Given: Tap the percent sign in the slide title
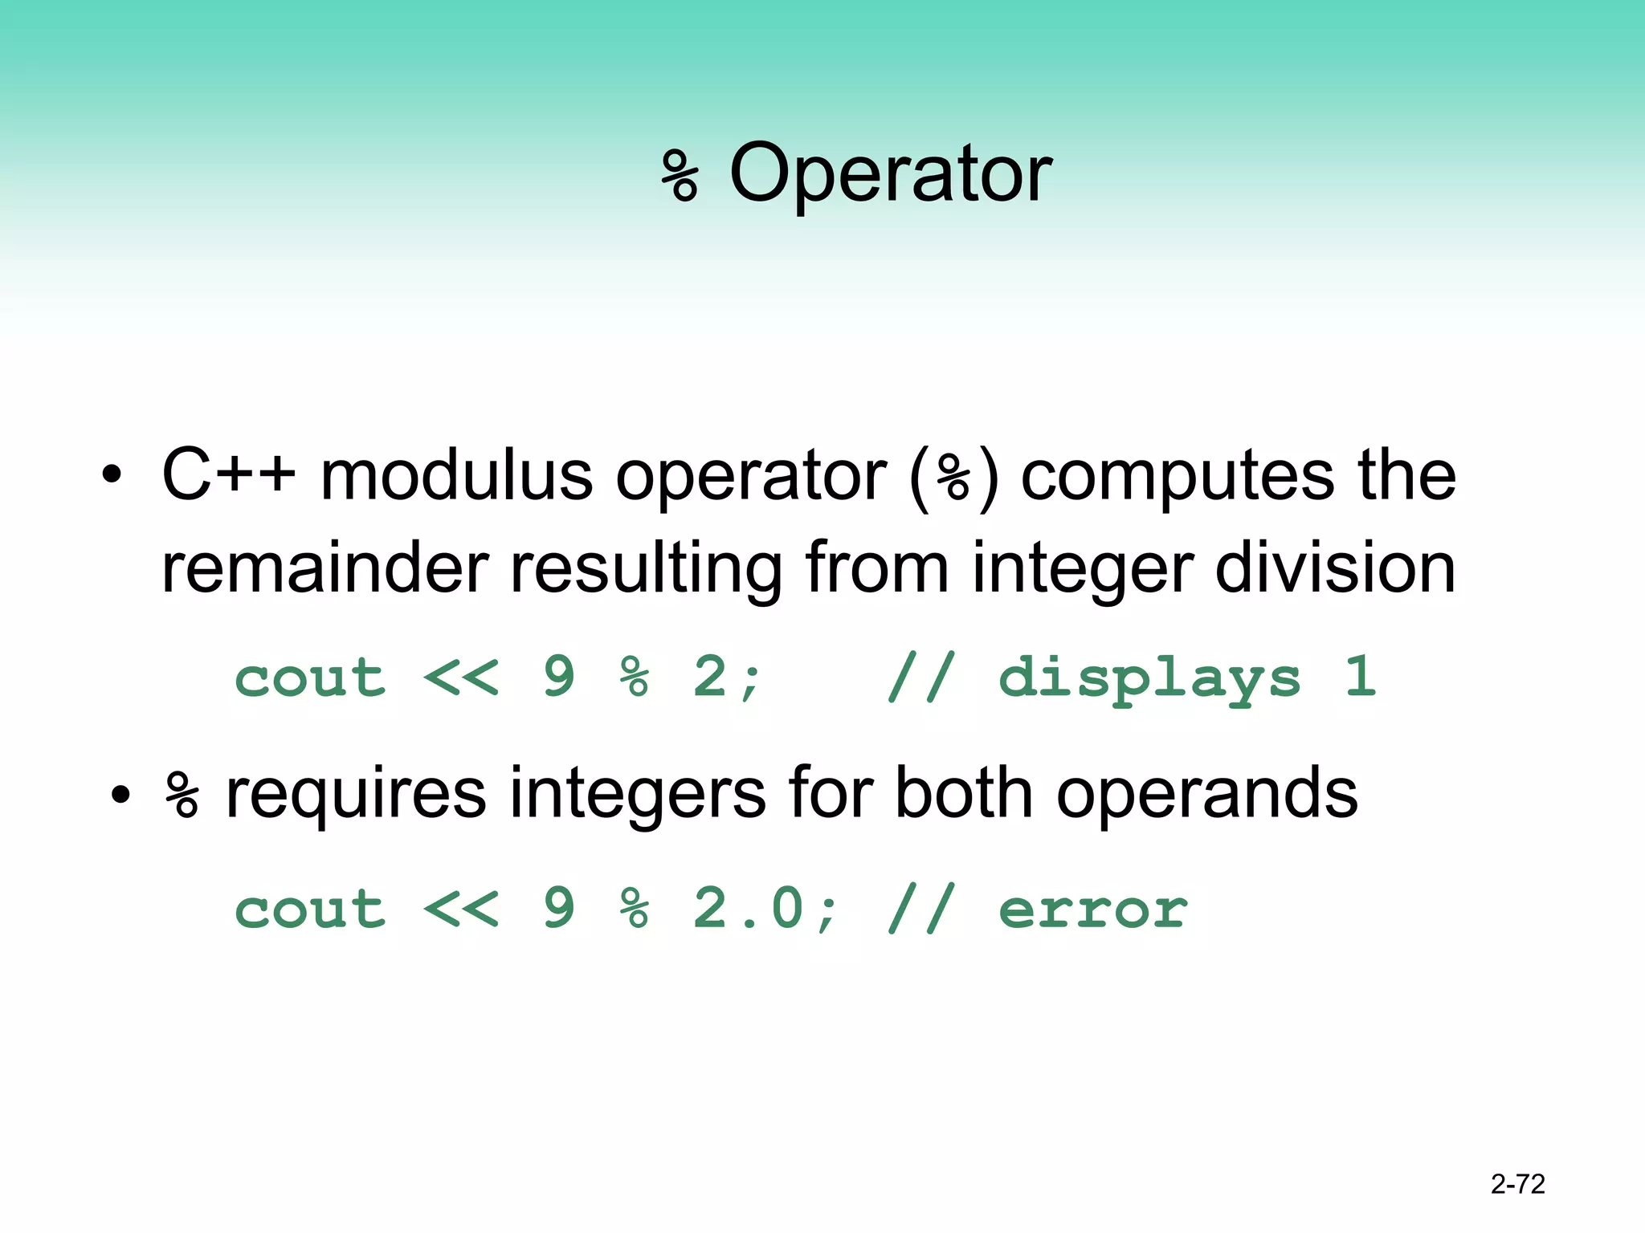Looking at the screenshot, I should [x=680, y=175].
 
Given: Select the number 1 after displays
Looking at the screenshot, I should [x=1361, y=676].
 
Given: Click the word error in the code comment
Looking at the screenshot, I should [x=1092, y=909].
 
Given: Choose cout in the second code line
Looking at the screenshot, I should [x=310, y=909].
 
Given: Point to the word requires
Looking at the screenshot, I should [x=356, y=795].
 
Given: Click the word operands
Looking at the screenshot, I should [x=1206, y=795].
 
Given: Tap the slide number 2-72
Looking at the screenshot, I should [x=1517, y=1184].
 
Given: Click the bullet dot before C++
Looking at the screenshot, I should [x=112, y=475].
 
